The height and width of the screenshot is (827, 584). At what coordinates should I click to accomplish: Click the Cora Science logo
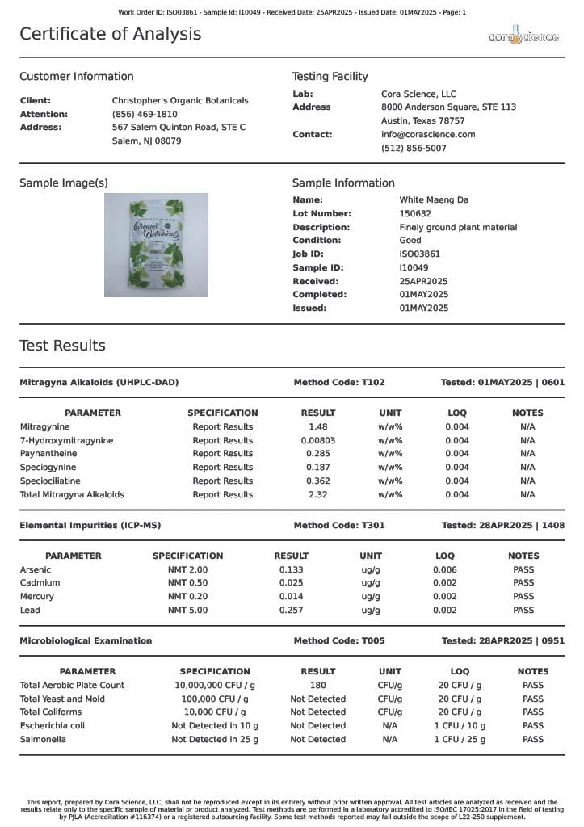[x=523, y=36]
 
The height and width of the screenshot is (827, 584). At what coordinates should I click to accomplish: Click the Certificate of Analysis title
[x=111, y=34]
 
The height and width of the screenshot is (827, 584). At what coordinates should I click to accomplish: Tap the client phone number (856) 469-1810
[x=145, y=115]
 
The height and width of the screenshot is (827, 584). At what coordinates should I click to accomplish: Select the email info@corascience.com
[x=428, y=135]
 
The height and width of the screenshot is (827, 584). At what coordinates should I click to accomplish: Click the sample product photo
[x=156, y=245]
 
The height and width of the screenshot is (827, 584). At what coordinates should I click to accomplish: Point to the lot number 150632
[x=415, y=214]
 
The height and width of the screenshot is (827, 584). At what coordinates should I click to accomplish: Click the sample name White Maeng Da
[x=434, y=200]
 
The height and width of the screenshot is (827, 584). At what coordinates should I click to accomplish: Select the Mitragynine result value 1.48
[x=318, y=427]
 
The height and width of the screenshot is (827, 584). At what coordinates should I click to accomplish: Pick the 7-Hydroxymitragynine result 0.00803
[x=318, y=441]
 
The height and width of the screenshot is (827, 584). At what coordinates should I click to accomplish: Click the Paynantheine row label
[x=49, y=454]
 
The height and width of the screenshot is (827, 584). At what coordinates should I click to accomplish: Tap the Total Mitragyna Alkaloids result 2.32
[x=318, y=495]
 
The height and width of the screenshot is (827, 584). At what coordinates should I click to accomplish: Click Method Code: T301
[x=339, y=526]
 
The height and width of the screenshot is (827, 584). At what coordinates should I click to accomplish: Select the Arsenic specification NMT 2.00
[x=187, y=570]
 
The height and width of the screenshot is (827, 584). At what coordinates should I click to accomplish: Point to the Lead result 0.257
[x=291, y=611]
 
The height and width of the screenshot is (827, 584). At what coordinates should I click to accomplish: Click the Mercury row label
[x=37, y=597]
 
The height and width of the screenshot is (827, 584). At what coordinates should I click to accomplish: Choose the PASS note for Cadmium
[x=523, y=583]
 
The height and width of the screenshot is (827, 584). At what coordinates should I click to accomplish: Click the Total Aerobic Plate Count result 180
[x=318, y=686]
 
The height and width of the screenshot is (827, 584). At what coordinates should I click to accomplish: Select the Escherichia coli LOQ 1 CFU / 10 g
[x=460, y=726]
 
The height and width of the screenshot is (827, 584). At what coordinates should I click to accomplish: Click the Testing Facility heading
[x=330, y=77]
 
